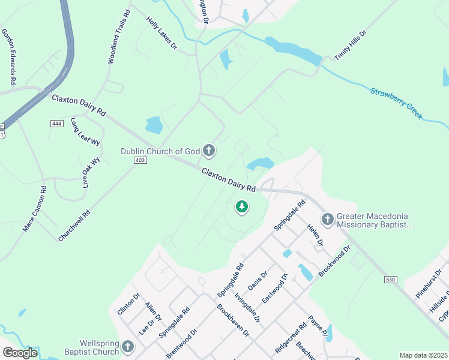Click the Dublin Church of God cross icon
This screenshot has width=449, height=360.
209,151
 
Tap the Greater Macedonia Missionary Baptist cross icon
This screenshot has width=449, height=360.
328,220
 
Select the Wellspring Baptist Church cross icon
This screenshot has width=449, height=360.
128,346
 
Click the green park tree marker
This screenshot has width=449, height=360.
241,208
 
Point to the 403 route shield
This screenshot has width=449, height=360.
140,161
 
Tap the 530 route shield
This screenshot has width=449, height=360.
391,280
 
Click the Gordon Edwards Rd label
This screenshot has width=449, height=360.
8,56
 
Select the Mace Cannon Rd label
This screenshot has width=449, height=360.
34,209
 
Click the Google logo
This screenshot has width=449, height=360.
19,353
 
